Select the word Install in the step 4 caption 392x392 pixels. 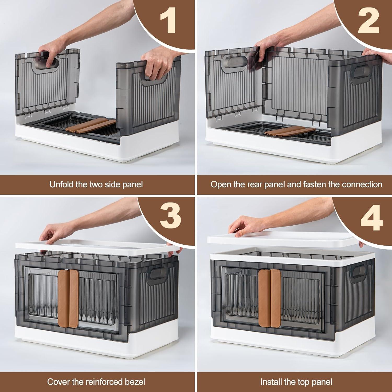tap(271, 382)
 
